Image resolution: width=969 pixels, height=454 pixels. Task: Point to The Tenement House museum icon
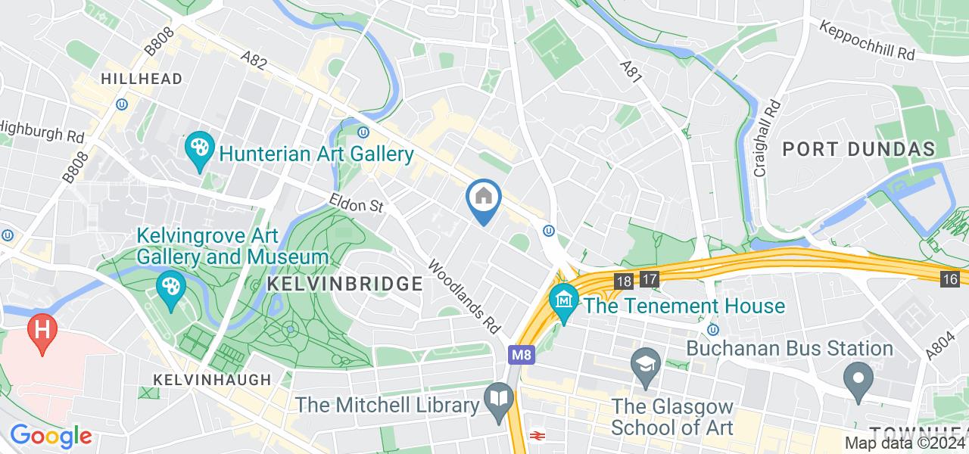[564, 302]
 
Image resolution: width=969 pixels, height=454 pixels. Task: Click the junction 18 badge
[624, 280]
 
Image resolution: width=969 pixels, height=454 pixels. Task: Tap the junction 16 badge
[951, 279]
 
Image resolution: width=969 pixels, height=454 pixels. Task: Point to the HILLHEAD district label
[142, 79]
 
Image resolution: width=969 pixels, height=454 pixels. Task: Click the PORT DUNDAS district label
[858, 149]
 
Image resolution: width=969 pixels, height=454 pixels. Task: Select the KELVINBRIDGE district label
[344, 284]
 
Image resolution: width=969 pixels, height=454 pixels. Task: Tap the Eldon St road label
[357, 202]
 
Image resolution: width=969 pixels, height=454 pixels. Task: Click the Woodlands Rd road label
[465, 297]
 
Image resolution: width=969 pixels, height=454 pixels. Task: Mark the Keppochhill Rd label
[868, 41]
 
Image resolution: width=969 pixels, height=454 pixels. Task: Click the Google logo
[51, 437]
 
